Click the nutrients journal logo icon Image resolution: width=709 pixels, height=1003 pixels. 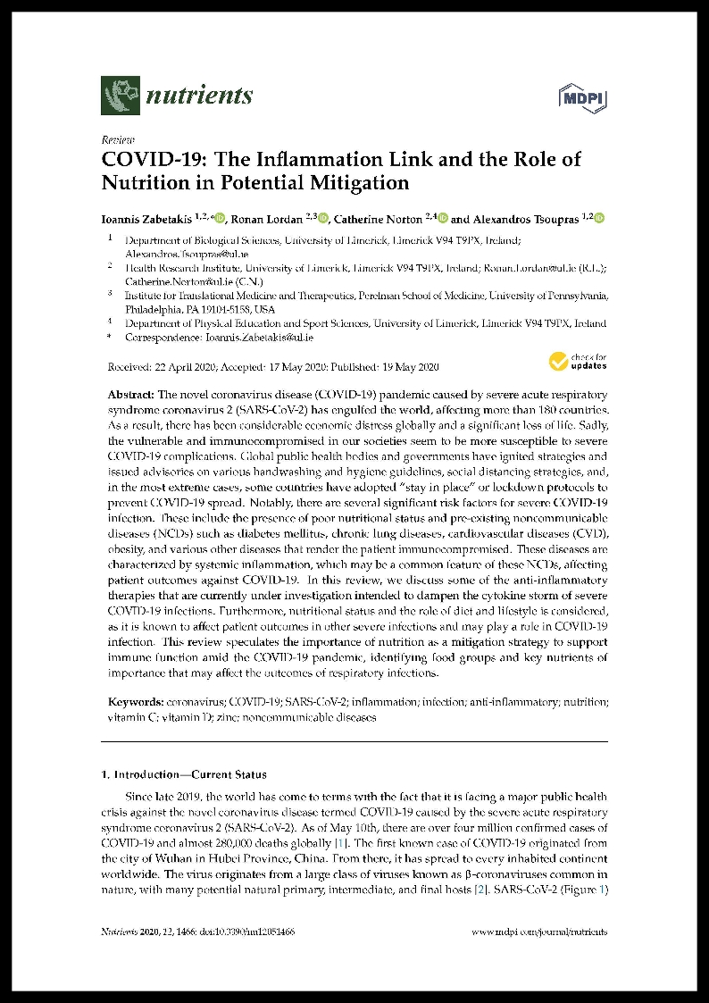tap(121, 95)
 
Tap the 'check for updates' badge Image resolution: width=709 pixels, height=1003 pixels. tap(578, 361)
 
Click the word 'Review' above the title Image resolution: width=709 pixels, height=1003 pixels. tap(117, 140)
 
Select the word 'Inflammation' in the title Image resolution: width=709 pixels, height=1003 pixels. tap(350, 160)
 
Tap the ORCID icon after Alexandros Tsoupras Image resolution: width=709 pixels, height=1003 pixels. tap(599, 217)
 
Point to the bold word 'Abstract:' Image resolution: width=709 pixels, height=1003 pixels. tap(131, 395)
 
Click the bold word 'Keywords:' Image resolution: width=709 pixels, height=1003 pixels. tap(136, 702)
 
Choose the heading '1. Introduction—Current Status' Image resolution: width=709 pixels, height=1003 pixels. tap(183, 774)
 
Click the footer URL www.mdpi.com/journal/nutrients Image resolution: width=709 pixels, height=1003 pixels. tap(538, 931)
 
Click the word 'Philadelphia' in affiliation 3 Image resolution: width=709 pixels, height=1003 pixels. tap(156, 309)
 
